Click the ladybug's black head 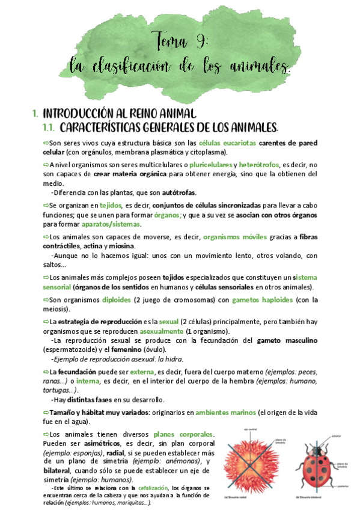point(319,442)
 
